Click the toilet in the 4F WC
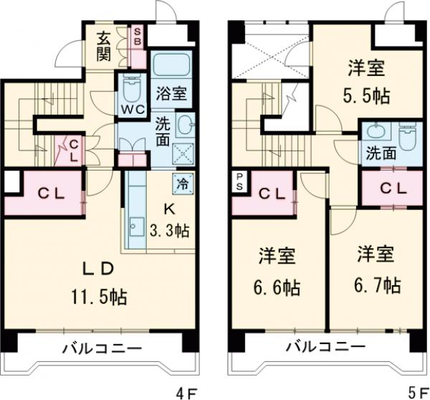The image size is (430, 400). click(132, 90)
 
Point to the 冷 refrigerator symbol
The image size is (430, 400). click(182, 183)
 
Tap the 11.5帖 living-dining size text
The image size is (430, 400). click(99, 295)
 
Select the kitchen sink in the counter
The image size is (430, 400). click(133, 229)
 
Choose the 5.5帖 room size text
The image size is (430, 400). click(365, 95)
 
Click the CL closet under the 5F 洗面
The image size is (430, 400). click(388, 189)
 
